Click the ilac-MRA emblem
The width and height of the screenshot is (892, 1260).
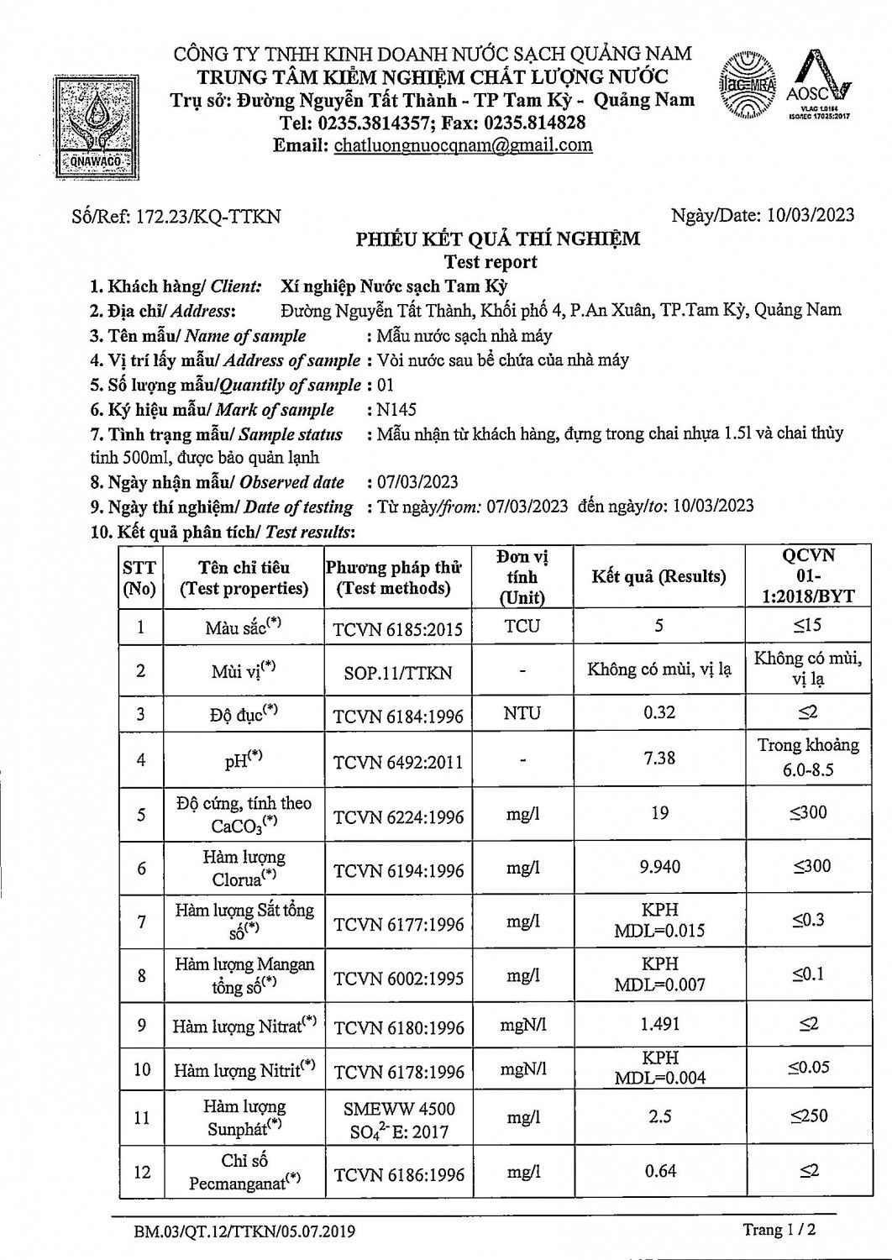point(747,87)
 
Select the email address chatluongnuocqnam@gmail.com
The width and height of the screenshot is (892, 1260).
point(463,144)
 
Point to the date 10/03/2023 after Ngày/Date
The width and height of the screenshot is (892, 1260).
point(811,215)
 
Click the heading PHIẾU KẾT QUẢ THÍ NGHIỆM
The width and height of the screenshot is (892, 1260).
point(497,239)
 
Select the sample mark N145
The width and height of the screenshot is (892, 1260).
point(396,410)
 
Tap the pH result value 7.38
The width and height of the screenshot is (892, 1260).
point(659,758)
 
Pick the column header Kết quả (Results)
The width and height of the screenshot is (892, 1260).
point(659,576)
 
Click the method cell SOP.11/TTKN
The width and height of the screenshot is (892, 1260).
point(398,673)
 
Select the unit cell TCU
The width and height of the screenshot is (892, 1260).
point(522,627)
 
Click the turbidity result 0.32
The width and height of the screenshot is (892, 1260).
point(659,713)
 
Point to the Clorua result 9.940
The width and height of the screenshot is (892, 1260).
point(659,867)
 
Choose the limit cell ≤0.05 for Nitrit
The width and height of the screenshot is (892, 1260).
point(808,1068)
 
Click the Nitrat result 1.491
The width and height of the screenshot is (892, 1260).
point(659,1025)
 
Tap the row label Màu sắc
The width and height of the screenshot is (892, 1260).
point(244,627)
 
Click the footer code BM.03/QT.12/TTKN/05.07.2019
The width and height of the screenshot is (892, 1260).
point(244,1232)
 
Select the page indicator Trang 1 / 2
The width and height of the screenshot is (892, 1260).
point(779,1230)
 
